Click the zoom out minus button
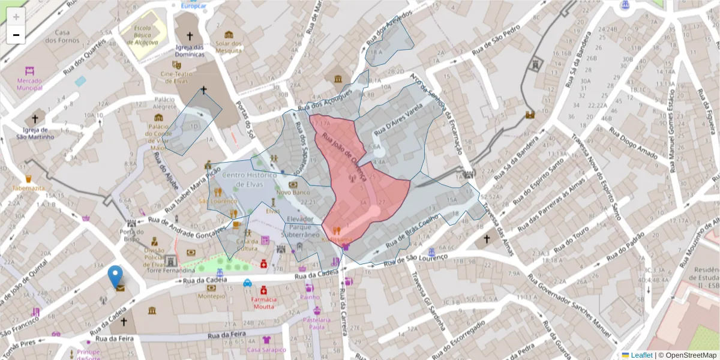point(16,35)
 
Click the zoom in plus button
point(16,16)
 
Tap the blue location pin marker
point(115,277)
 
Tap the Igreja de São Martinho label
point(34,133)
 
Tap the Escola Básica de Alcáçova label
point(142,35)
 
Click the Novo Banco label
point(293,193)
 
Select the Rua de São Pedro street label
point(496,41)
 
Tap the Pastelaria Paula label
point(317,323)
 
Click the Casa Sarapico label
point(266,350)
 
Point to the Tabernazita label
point(28,188)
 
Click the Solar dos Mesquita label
point(229,47)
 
